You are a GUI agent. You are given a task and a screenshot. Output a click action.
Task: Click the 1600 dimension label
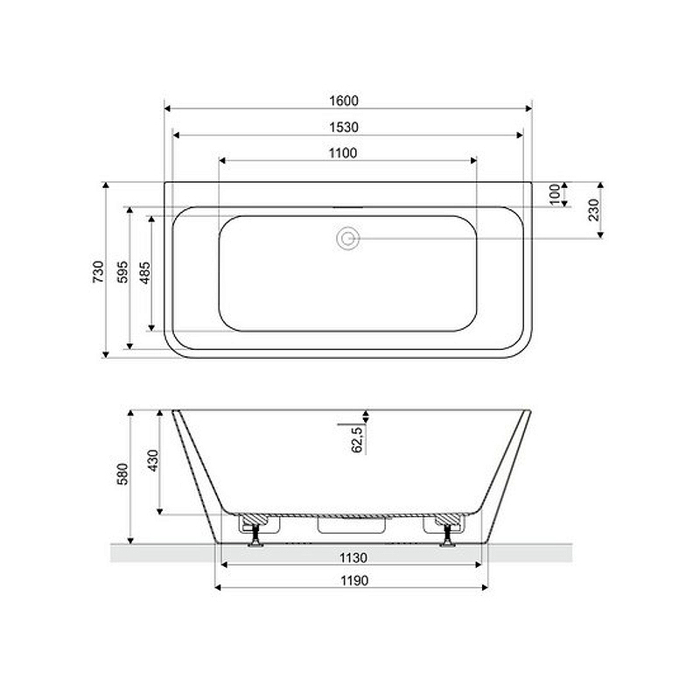[x=347, y=101]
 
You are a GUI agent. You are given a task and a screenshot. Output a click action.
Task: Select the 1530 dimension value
[x=347, y=127]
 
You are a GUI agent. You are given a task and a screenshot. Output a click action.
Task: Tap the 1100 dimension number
[x=347, y=153]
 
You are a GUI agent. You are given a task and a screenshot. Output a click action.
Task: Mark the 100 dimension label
[x=555, y=194]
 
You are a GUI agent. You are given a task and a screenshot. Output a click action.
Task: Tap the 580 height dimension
[x=123, y=473]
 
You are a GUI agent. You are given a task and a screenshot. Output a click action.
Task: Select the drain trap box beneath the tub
[x=352, y=524]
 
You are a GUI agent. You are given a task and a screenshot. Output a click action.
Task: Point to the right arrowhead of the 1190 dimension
[x=485, y=587]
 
